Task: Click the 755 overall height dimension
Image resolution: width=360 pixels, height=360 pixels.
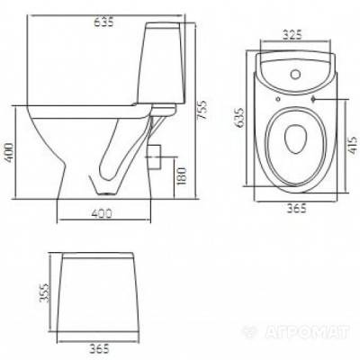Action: tap(202, 110)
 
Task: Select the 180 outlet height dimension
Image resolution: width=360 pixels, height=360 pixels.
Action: tap(182, 175)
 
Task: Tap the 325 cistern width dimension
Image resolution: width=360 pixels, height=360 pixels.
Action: tap(292, 35)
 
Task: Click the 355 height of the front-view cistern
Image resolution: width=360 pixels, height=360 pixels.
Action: tap(44, 292)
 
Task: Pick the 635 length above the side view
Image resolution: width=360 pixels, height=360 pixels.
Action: tap(104, 22)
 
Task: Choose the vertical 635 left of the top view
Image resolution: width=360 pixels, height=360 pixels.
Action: tap(239, 118)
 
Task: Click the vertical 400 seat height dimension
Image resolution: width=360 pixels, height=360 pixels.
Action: tap(8, 152)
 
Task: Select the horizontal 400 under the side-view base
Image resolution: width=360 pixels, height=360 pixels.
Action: tap(102, 213)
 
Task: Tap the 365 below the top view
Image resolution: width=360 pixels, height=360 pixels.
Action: tap(297, 208)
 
